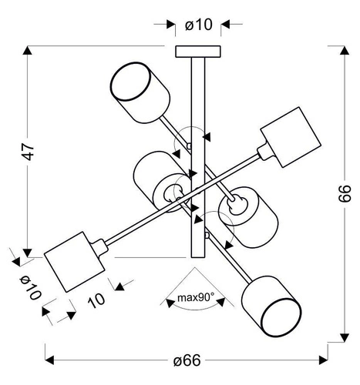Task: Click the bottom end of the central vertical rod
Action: click(197, 256)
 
